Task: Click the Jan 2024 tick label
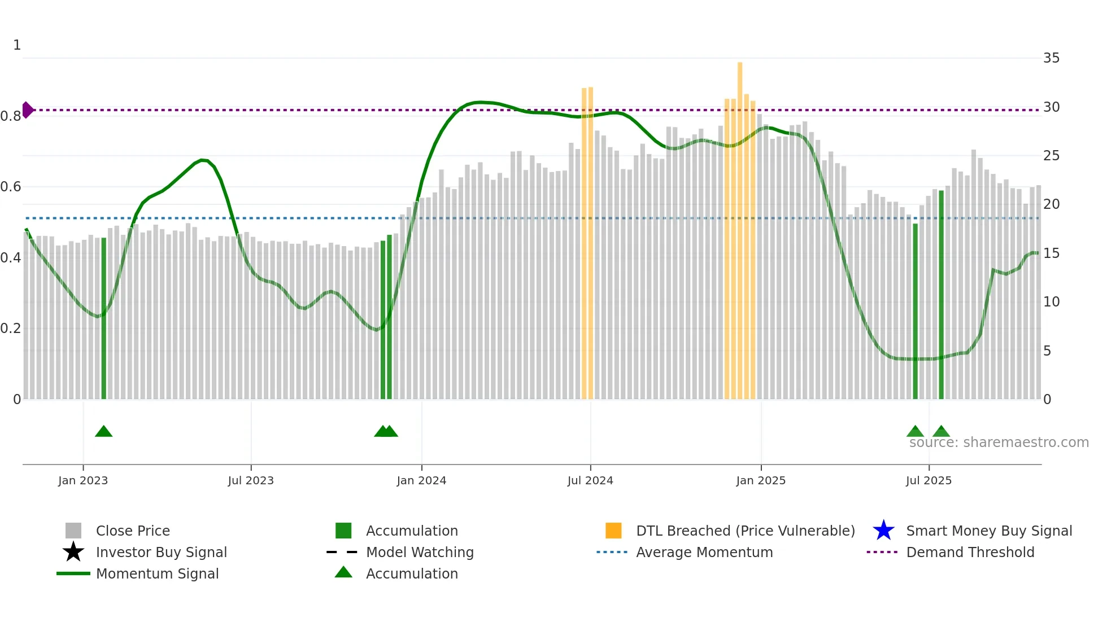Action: (421, 480)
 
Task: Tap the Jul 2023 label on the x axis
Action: (251, 480)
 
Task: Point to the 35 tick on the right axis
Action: (1051, 58)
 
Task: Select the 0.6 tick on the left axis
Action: (11, 187)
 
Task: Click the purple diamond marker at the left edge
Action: (27, 110)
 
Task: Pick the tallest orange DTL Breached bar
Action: (740, 226)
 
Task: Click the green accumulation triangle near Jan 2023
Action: (103, 432)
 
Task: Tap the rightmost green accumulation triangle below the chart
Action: (941, 432)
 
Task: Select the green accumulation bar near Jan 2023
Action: (103, 319)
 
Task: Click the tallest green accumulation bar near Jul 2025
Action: (941, 294)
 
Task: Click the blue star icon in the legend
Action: (883, 531)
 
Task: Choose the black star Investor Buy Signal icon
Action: (73, 552)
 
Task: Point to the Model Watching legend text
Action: (420, 552)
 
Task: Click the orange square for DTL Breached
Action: (613, 531)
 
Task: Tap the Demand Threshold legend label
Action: (970, 552)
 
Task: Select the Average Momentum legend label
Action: (704, 552)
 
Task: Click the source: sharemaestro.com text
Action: (999, 443)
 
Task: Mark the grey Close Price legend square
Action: (73, 531)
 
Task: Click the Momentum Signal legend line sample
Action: (73, 573)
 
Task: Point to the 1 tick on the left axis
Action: (17, 45)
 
